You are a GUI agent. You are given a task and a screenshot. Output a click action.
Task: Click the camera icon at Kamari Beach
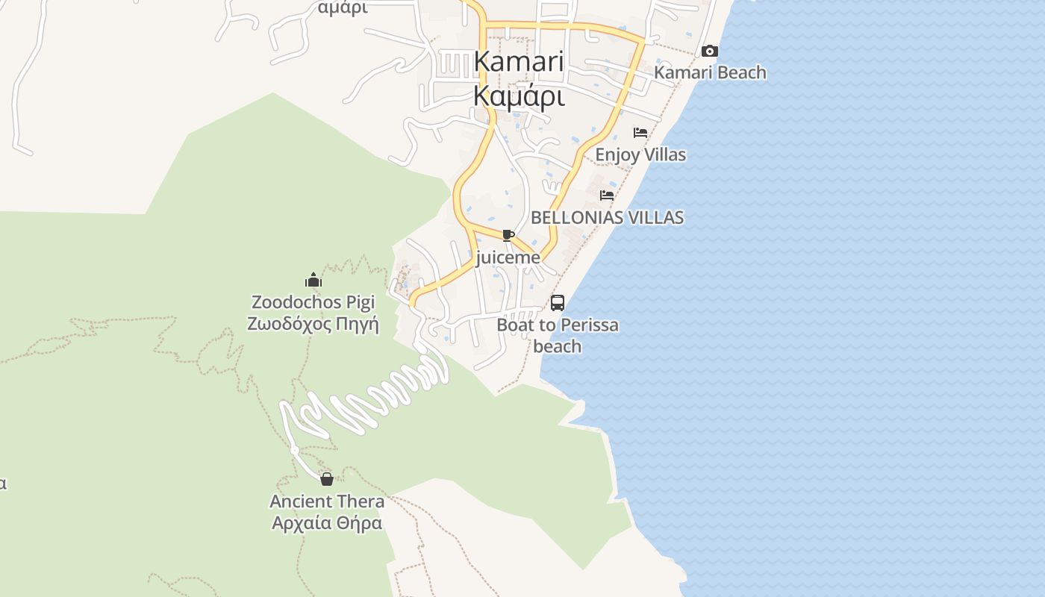pyautogui.click(x=710, y=51)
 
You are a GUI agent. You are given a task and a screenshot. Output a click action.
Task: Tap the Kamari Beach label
pyautogui.click(x=710, y=72)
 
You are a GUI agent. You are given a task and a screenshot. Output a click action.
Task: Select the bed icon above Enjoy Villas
pyautogui.click(x=640, y=133)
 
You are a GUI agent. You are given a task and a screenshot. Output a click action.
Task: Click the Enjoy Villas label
pyautogui.click(x=640, y=155)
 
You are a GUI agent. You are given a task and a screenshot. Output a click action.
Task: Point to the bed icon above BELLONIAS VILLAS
pyautogui.click(x=607, y=196)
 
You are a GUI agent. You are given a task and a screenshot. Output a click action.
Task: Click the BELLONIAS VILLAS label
pyautogui.click(x=607, y=218)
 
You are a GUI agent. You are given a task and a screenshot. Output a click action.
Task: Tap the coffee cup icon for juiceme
pyautogui.click(x=508, y=236)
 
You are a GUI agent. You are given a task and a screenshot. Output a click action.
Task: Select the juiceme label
pyautogui.click(x=508, y=258)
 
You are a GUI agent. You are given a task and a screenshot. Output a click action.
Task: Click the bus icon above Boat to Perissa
pyautogui.click(x=558, y=303)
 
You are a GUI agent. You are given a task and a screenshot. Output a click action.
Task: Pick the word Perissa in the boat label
pyautogui.click(x=589, y=325)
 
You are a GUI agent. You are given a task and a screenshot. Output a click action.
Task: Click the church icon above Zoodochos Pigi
pyautogui.click(x=313, y=281)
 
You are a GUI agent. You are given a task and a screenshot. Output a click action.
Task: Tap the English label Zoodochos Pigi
pyautogui.click(x=313, y=302)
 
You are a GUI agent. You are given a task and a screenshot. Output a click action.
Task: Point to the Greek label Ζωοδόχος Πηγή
pyautogui.click(x=313, y=325)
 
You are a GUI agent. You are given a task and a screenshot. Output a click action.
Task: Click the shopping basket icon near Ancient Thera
pyautogui.click(x=327, y=479)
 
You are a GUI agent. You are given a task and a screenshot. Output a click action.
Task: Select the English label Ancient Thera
pyautogui.click(x=327, y=501)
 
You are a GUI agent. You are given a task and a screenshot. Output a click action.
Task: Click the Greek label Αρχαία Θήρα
pyautogui.click(x=327, y=523)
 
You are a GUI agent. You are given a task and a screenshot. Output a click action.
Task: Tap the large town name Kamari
pyautogui.click(x=519, y=61)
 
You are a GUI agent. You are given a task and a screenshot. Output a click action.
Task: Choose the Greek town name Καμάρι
pyautogui.click(x=519, y=96)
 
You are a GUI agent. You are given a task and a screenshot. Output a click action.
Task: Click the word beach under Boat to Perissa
pyautogui.click(x=557, y=346)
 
